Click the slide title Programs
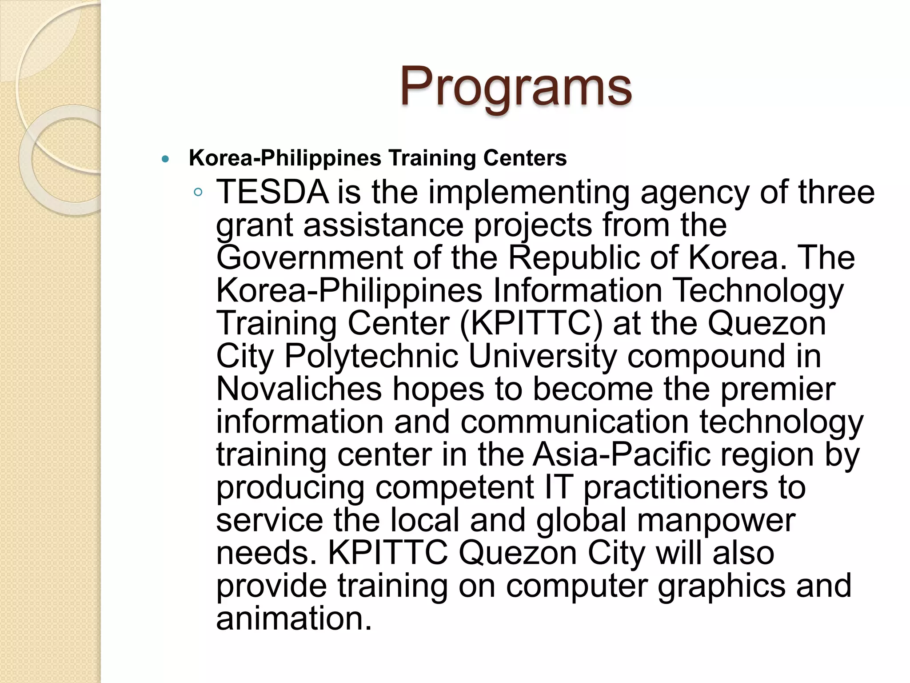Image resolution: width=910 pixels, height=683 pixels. click(515, 86)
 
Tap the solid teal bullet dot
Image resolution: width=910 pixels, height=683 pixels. click(166, 159)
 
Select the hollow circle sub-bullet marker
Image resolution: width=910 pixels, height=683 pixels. click(198, 192)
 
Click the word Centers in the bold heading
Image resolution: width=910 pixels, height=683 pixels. click(525, 158)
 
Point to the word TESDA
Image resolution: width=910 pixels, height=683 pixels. click(272, 192)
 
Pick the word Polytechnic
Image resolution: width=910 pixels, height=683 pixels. click(371, 356)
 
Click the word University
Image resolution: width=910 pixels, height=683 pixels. click(543, 356)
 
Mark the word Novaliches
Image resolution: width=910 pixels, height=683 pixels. click(299, 389)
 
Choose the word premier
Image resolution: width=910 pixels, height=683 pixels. click(778, 389)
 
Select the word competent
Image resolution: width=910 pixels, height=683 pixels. click(455, 487)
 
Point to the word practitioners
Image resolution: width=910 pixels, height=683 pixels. click(675, 487)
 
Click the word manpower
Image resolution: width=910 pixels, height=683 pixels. click(716, 520)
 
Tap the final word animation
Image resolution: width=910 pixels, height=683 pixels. click(293, 619)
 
